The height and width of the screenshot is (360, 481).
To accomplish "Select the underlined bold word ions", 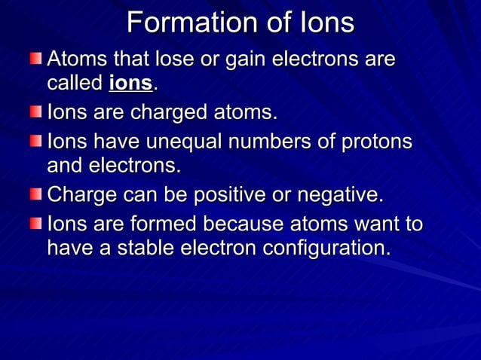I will (x=130, y=83).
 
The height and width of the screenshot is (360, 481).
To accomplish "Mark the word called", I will (x=75, y=83).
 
